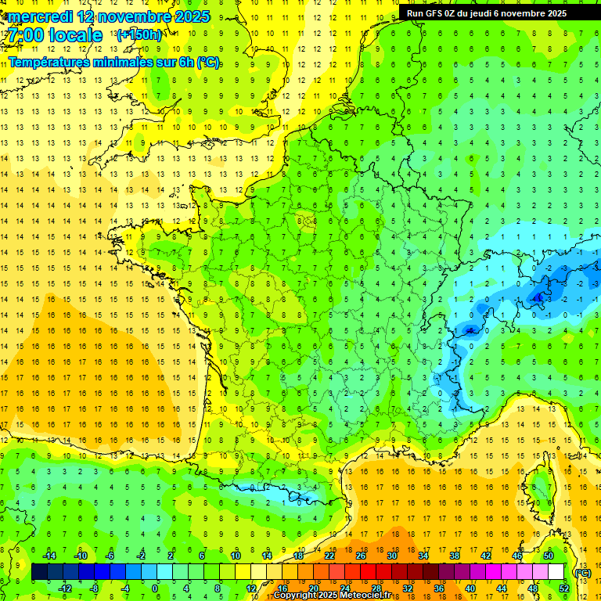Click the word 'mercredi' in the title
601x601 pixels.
tap(41, 16)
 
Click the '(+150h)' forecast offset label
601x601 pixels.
tap(139, 35)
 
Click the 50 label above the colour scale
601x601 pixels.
tap(549, 556)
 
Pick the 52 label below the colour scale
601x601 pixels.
tap(563, 588)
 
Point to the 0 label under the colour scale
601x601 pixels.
tap(155, 588)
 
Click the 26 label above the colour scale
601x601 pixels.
tap(361, 556)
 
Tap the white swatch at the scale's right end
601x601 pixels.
tap(556, 572)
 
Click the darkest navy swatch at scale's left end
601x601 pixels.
tap(40, 572)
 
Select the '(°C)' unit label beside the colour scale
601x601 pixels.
tap(582, 573)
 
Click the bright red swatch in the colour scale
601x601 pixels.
tap(368, 572)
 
